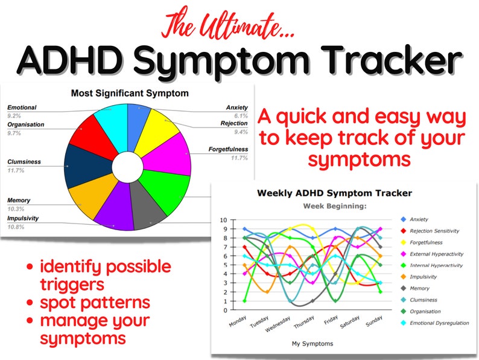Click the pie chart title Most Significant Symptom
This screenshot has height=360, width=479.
129,94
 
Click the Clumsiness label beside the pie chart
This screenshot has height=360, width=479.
25,162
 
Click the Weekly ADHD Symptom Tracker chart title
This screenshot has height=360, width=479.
335,193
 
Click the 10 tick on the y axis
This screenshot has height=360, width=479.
223,220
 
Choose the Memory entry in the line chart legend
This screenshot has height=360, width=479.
420,288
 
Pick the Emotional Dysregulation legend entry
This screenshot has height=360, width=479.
439,323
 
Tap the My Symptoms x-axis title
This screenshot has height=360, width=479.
312,344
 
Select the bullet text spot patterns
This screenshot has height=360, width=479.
96,301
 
